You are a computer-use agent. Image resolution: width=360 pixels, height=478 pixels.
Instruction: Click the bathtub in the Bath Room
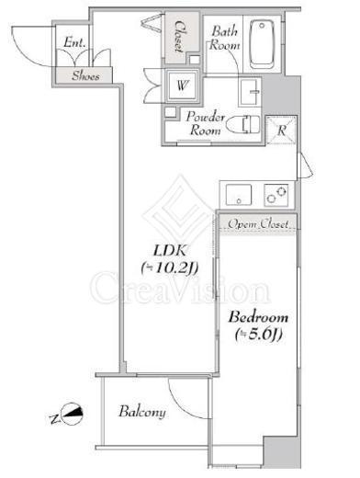[262, 44]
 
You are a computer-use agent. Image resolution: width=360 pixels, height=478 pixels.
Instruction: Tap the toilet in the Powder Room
[242, 124]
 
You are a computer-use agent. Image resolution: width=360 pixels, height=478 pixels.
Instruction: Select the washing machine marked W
[183, 85]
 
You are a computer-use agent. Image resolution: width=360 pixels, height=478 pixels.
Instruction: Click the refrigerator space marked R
[281, 130]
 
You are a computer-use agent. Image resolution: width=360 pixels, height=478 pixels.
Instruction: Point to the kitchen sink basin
[239, 195]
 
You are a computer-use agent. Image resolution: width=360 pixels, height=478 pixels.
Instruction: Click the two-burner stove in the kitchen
[276, 195]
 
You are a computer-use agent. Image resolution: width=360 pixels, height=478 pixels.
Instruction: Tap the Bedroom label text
[258, 317]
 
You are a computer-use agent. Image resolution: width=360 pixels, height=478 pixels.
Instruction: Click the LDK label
[170, 251]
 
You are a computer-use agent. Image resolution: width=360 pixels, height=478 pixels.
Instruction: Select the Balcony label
[142, 412]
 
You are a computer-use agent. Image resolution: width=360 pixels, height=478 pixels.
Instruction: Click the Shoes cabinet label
[85, 75]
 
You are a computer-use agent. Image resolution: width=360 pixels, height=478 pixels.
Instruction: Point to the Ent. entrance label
[74, 42]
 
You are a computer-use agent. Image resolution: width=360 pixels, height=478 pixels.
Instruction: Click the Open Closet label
[258, 224]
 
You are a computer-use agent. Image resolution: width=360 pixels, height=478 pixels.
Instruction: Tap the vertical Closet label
[179, 36]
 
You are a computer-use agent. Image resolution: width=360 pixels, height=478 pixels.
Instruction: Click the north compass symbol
[72, 414]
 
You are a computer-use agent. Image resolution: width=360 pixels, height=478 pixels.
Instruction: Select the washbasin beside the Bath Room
[249, 91]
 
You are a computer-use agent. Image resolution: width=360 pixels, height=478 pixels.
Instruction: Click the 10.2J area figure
[170, 268]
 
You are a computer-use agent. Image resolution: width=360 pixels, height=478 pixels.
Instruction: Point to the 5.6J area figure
[258, 334]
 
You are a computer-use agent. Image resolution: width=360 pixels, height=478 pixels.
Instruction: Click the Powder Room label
[205, 123]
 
